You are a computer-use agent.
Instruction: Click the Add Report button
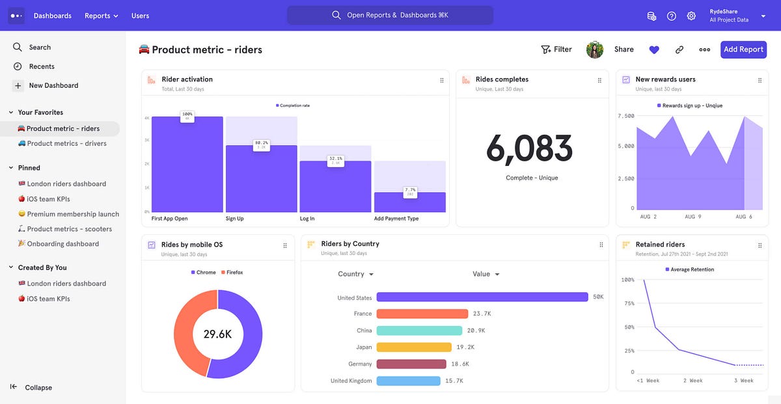[743, 49]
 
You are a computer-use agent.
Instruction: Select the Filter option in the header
[556, 49]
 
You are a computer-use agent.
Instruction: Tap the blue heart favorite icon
[654, 49]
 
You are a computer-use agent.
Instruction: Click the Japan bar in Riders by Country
[414, 347]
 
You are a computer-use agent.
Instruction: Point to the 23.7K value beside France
[482, 314]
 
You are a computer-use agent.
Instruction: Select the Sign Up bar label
[235, 219]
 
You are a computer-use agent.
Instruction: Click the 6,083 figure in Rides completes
[529, 149]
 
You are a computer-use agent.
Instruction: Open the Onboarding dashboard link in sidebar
[62, 244]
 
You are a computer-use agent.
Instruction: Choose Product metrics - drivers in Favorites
[66, 144]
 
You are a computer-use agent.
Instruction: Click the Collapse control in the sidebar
[38, 388]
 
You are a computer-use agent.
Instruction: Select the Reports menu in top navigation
[101, 16]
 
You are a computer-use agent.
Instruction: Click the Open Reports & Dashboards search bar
[390, 15]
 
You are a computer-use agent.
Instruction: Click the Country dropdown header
[355, 274]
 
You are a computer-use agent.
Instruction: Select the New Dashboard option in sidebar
[53, 85]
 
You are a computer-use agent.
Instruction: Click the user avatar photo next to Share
[595, 49]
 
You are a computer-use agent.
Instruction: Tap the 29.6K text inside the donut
[217, 334]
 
